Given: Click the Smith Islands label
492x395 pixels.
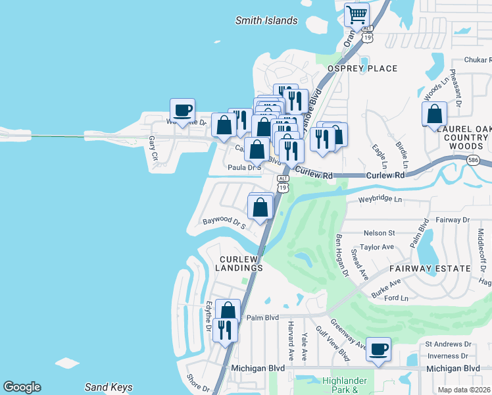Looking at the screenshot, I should coord(266,20).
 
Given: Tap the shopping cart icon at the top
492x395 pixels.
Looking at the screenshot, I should coord(357,14).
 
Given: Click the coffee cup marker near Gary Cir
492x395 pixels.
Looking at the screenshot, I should coord(183,110).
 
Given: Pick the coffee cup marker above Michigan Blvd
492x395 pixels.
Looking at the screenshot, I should coord(378,350).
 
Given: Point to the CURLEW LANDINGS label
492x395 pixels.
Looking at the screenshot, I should coord(241,263).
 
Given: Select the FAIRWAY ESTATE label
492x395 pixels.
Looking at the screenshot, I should coord(430,269).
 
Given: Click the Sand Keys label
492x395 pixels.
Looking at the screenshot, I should coord(109,387).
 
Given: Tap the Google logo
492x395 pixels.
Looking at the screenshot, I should coord(22,387).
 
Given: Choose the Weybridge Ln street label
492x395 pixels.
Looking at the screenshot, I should coord(380,199).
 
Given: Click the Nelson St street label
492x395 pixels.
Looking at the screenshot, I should coord(379,232).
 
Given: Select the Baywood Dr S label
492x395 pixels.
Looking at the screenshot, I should coord(224,224).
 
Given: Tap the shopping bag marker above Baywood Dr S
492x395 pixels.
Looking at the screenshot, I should coord(260,207).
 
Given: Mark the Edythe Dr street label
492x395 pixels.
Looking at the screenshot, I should coord(208,316).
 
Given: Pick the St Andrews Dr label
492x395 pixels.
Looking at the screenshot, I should coord(449,344).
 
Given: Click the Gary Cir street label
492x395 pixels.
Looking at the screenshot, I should coord(153,148).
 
